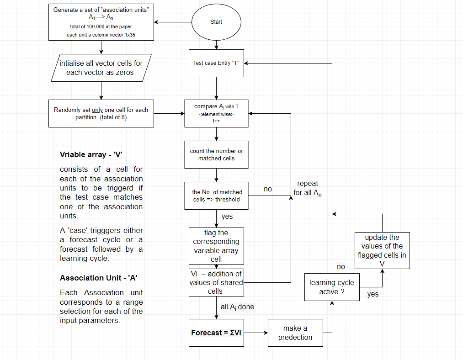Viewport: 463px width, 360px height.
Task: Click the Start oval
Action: tap(216, 22)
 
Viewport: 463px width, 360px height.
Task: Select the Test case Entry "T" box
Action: tap(216, 63)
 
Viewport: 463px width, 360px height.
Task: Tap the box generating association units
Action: tap(101, 22)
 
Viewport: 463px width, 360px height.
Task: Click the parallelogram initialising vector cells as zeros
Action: tap(101, 68)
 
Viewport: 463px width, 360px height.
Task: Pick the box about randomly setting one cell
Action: tap(101, 113)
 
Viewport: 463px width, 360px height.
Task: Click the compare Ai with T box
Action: tap(216, 113)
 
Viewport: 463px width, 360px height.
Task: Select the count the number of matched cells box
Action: tap(216, 154)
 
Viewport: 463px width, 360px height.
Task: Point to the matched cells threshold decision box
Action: tap(216, 196)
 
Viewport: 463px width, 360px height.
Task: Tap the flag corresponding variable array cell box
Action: tap(216, 246)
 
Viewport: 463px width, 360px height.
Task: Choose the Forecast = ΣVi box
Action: tap(216, 333)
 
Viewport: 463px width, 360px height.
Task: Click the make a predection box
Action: tap(295, 333)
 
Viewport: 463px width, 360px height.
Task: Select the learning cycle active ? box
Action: tap(332, 287)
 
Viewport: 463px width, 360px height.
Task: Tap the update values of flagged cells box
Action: tap(382, 250)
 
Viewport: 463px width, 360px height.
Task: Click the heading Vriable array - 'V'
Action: tap(91, 155)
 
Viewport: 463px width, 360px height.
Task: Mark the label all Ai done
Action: tap(237, 307)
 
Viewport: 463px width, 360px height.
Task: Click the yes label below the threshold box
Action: tap(227, 217)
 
